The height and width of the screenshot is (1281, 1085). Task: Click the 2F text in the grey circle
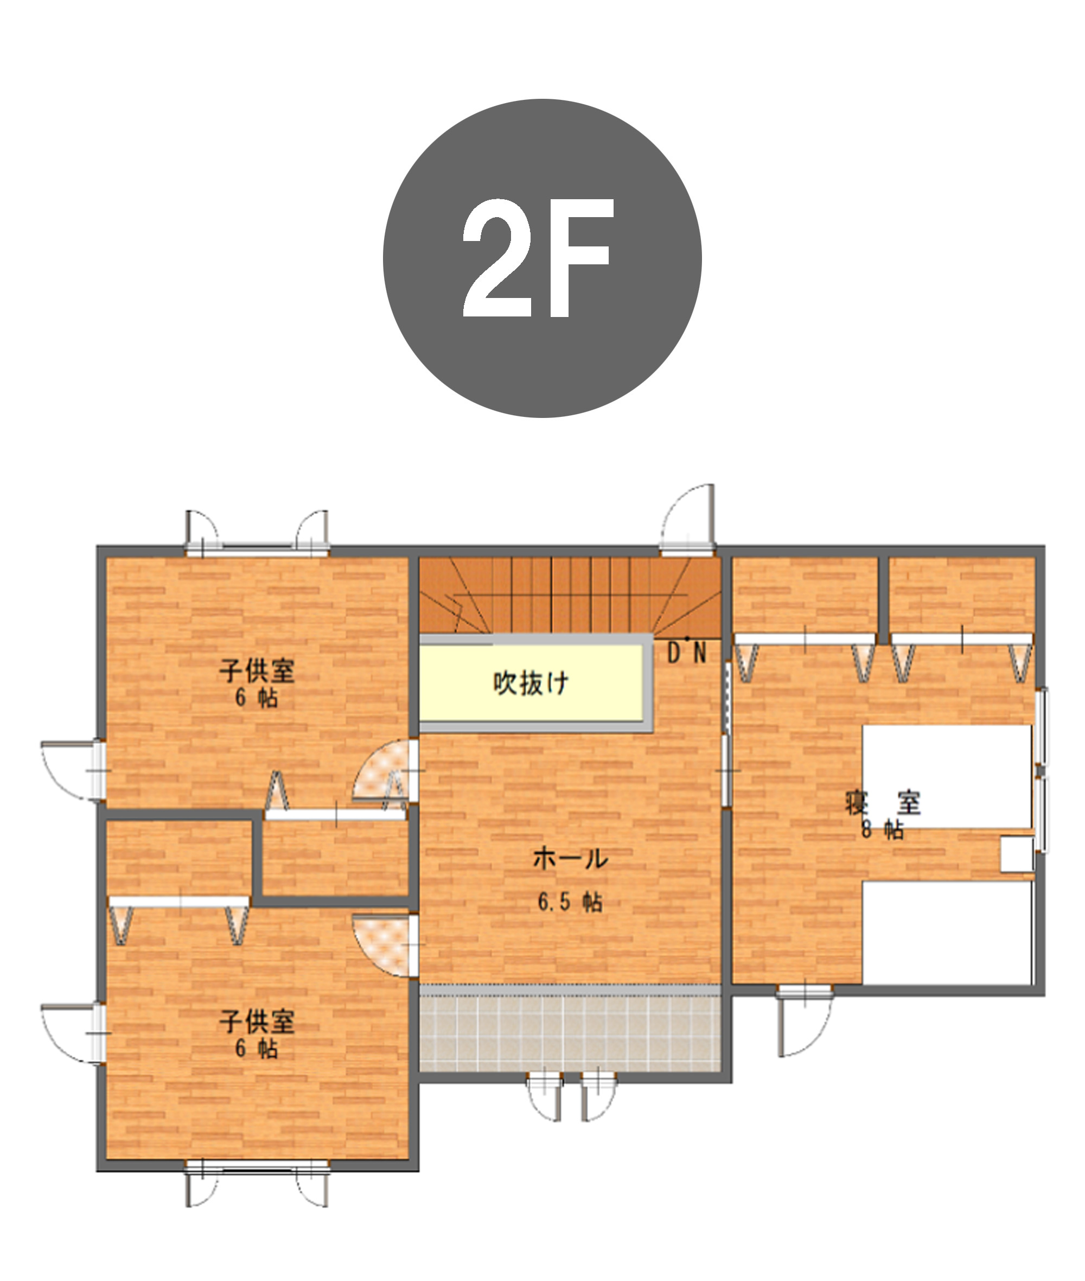[538, 258]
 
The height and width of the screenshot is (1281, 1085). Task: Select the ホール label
[570, 859]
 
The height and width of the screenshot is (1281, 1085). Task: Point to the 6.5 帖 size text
[570, 902]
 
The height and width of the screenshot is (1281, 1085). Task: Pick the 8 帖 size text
[883, 830]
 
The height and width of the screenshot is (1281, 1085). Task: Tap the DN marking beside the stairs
[687, 654]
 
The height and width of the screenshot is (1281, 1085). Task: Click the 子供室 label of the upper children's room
[257, 671]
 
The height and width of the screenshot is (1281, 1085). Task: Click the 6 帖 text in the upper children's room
[257, 697]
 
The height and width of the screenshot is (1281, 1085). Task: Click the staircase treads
[570, 595]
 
